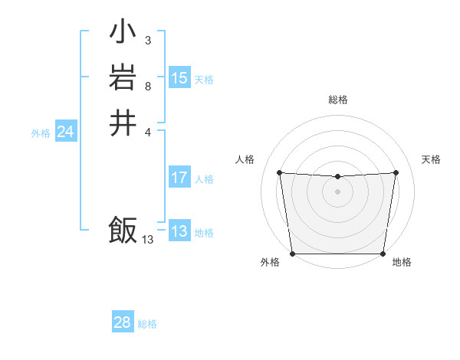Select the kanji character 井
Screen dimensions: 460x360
(x=123, y=123)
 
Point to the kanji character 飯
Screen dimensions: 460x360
(x=123, y=230)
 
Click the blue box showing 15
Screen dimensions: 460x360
(x=179, y=78)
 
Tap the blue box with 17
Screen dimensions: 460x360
(x=179, y=178)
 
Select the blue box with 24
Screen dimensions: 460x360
(x=66, y=133)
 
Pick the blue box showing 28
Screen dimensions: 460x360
(x=123, y=322)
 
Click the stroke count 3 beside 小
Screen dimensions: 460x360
(x=147, y=41)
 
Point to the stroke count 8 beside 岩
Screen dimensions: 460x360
(x=147, y=86)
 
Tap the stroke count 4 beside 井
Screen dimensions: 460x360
(x=147, y=131)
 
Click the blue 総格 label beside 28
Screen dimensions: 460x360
(x=147, y=324)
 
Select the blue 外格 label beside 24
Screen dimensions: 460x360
(x=41, y=133)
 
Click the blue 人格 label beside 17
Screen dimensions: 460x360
(x=204, y=179)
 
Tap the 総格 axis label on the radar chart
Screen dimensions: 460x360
(x=338, y=100)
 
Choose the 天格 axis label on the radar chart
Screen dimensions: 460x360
(x=431, y=159)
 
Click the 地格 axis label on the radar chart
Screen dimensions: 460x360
(x=402, y=262)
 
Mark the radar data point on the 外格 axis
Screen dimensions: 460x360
(x=292, y=254)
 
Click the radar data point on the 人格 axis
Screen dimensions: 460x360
(x=279, y=172)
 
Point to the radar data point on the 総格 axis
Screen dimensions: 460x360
(x=338, y=177)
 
